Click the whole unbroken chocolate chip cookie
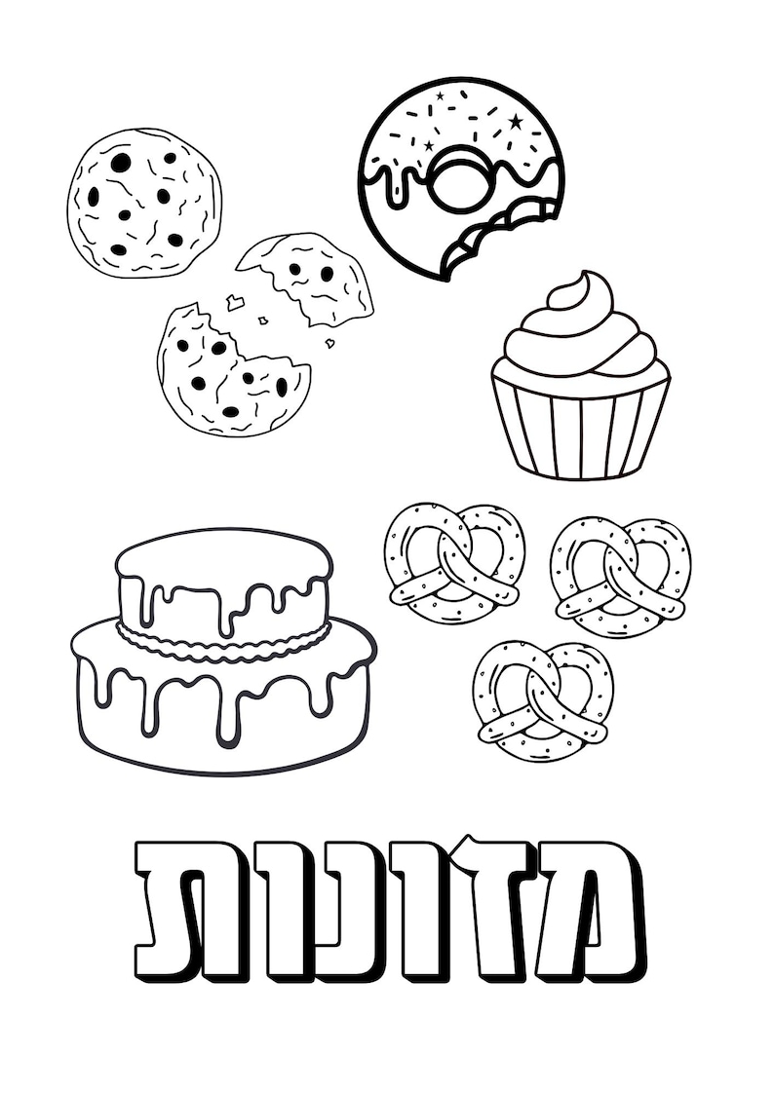click(x=144, y=203)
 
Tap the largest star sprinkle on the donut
click(x=516, y=122)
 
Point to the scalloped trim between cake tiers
click(x=224, y=643)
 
